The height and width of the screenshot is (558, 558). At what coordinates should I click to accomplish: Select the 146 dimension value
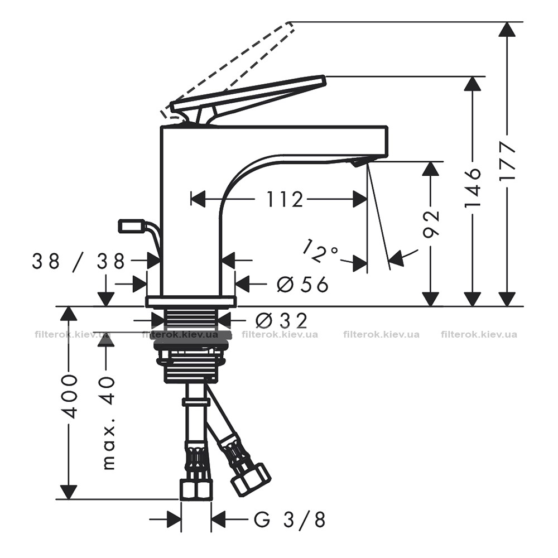tap(473, 187)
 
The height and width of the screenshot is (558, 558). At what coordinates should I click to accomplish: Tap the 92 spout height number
tap(431, 223)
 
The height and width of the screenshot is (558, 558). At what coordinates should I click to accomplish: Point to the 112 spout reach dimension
tap(285, 199)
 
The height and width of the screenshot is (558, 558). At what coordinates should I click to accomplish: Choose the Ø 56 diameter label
tap(302, 285)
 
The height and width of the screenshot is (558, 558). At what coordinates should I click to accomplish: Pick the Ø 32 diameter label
tap(281, 321)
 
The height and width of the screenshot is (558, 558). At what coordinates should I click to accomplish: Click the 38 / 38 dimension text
tap(78, 262)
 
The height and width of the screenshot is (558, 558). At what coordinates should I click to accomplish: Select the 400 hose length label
tap(69, 396)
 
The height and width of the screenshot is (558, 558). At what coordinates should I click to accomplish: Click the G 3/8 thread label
tap(289, 520)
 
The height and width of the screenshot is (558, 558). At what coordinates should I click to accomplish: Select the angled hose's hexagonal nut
tap(251, 480)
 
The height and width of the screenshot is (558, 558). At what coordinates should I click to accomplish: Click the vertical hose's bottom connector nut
tap(196, 489)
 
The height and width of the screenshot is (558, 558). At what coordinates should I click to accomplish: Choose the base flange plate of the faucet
tap(190, 301)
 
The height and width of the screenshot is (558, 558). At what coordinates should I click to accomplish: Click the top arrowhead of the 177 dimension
tap(507, 29)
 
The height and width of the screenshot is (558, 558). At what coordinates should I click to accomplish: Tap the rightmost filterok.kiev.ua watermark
tap(479, 334)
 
